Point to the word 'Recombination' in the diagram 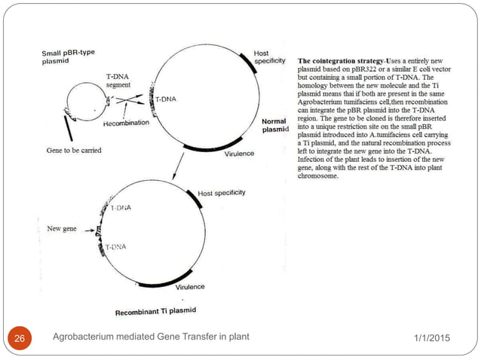pyautogui.click(x=126, y=123)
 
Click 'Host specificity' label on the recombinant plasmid pyautogui.click(x=222, y=194)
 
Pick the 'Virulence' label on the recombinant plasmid pyautogui.click(x=190, y=287)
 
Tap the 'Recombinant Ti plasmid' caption pyautogui.click(x=155, y=310)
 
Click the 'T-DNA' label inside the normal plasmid pyautogui.click(x=169, y=99)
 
